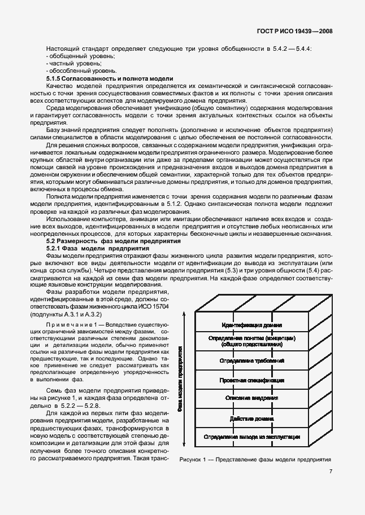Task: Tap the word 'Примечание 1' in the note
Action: tap(67, 326)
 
